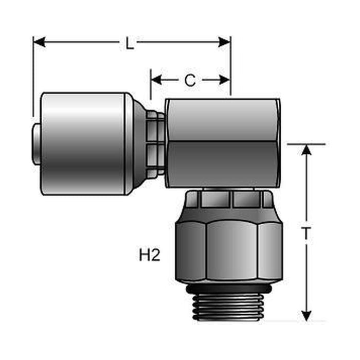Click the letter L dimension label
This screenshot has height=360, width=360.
(130, 43)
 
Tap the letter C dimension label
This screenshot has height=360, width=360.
(190, 80)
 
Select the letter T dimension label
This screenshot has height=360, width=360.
(306, 234)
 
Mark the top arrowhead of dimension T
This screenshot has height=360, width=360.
(307, 150)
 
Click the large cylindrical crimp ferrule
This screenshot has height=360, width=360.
(85, 143)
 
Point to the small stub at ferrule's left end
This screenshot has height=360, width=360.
(37, 143)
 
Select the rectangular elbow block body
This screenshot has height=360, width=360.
(223, 142)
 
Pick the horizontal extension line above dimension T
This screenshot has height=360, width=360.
(306, 144)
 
